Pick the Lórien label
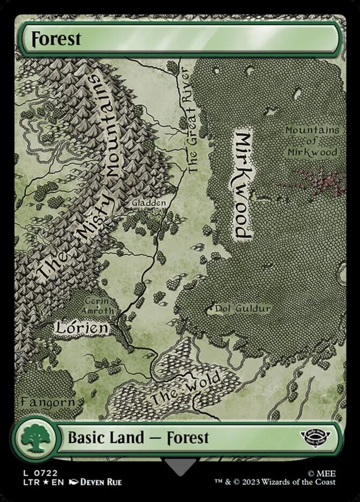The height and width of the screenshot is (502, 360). [81, 327]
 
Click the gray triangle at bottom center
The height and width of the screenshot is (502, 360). [180, 466]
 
